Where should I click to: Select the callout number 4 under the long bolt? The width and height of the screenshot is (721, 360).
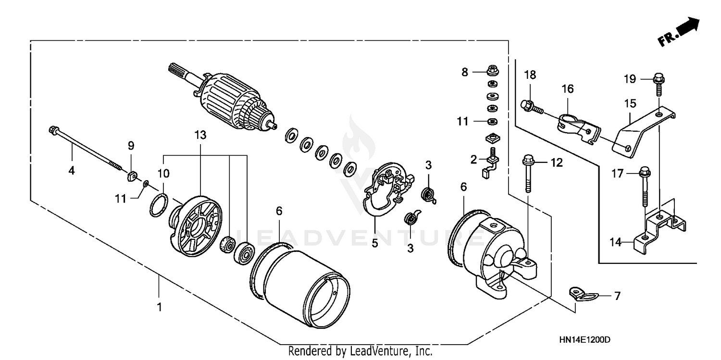(71, 170)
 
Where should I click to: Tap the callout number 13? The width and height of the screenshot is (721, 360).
(200, 136)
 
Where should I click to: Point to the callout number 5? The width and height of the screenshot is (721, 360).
(374, 243)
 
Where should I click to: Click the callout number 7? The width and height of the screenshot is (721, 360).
(617, 296)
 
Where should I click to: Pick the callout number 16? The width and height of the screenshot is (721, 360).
(568, 89)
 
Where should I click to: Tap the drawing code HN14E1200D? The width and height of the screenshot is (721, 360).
(584, 340)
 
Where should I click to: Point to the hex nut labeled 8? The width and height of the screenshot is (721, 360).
(492, 71)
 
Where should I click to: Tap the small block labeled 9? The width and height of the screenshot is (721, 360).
(131, 176)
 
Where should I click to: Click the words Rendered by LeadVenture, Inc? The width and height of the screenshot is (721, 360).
(360, 351)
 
